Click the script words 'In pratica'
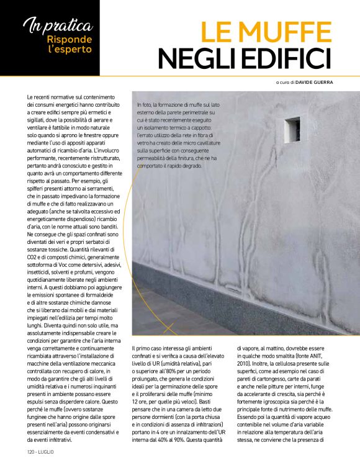[x=58, y=25]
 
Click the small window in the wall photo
[x=292, y=129]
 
